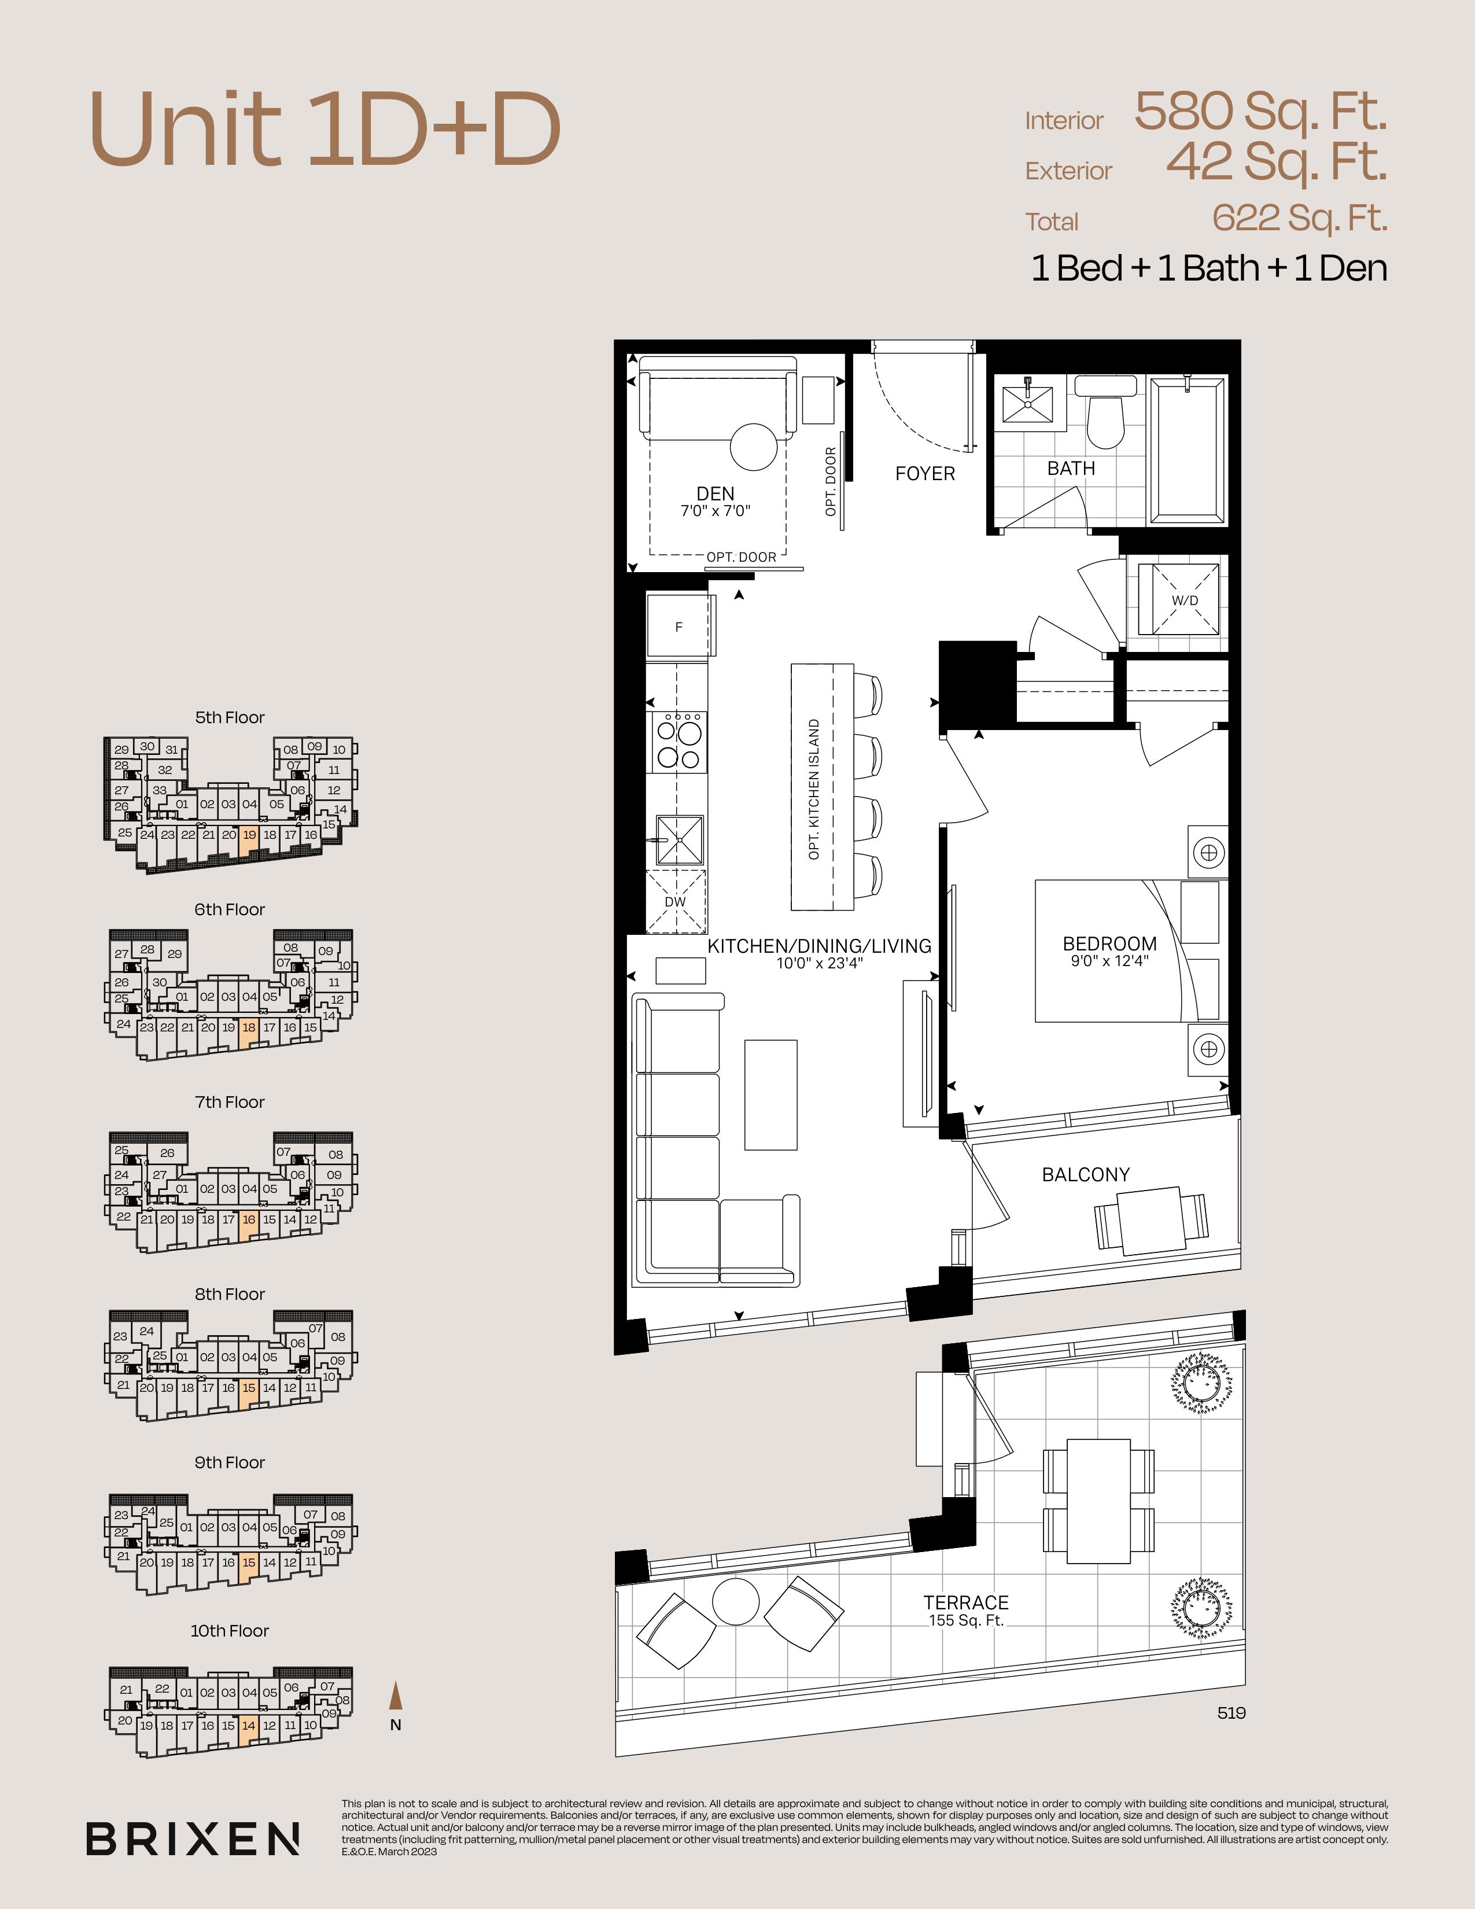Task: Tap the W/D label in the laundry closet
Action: click(1184, 600)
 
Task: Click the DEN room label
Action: click(716, 494)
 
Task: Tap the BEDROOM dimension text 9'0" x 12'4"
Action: click(1110, 961)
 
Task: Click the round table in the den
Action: click(753, 448)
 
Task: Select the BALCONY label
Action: click(1085, 1175)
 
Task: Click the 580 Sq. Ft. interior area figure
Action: click(1260, 112)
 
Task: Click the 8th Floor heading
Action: click(230, 1293)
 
